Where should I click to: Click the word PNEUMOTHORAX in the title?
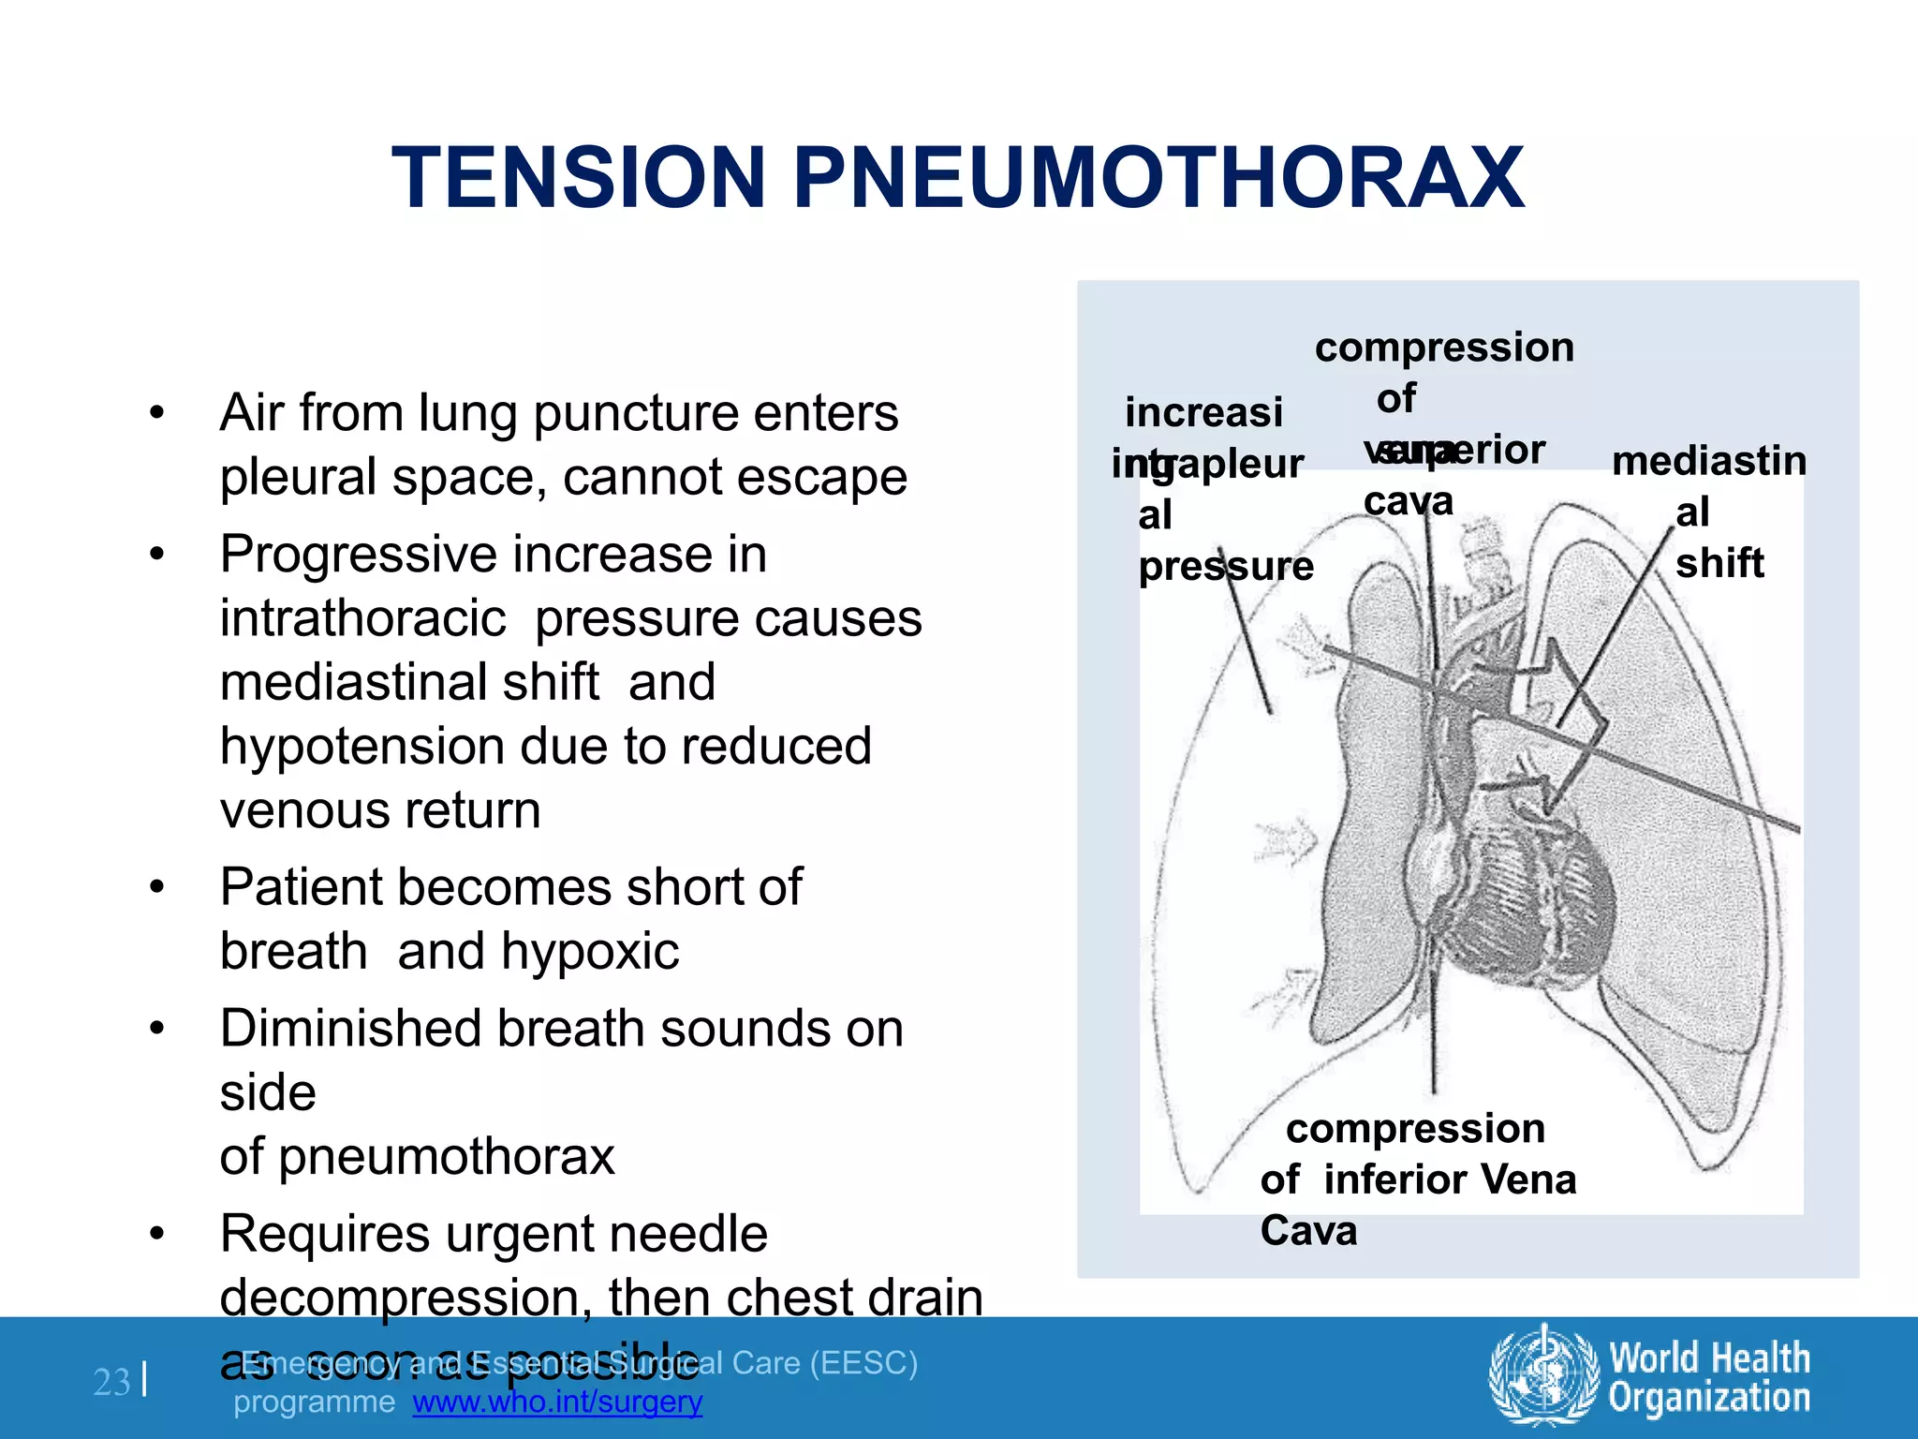tap(1159, 178)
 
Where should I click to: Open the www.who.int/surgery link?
tap(557, 1402)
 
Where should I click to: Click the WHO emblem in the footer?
tap(1543, 1376)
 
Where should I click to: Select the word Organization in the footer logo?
tap(1709, 1398)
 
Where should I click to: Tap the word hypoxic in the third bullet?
tap(590, 952)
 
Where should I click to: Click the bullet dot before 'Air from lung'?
tap(157, 413)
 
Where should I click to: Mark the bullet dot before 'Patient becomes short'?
tap(157, 887)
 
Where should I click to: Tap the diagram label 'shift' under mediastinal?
tap(1719, 564)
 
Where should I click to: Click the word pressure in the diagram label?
tap(1226, 567)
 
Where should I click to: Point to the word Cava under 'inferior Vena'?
tap(1308, 1231)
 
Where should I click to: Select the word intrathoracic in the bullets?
tap(363, 619)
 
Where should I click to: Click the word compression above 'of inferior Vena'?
tap(1415, 1129)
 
